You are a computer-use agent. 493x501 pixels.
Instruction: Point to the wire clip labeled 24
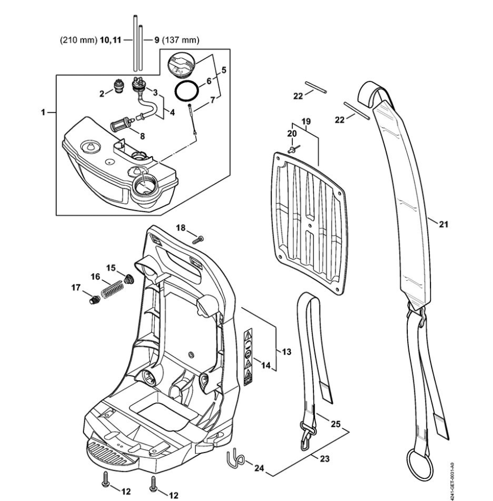coord(235,458)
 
